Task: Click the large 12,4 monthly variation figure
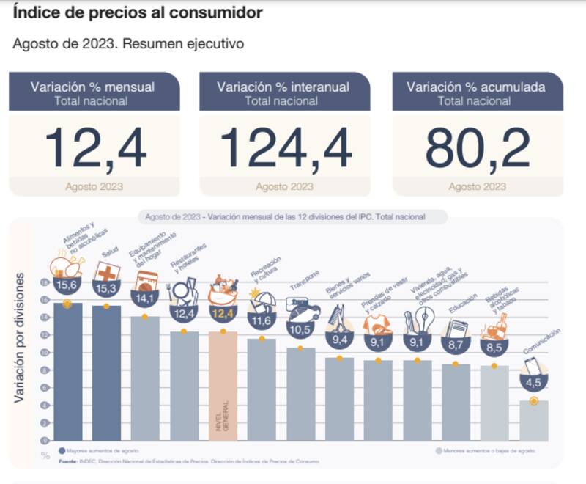pyautogui.click(x=95, y=150)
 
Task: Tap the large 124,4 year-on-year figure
pyautogui.click(x=286, y=150)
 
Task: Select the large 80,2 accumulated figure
pyautogui.click(x=478, y=150)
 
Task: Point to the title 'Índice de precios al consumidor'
pyautogui.click(x=138, y=13)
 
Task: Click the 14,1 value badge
pyautogui.click(x=145, y=298)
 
